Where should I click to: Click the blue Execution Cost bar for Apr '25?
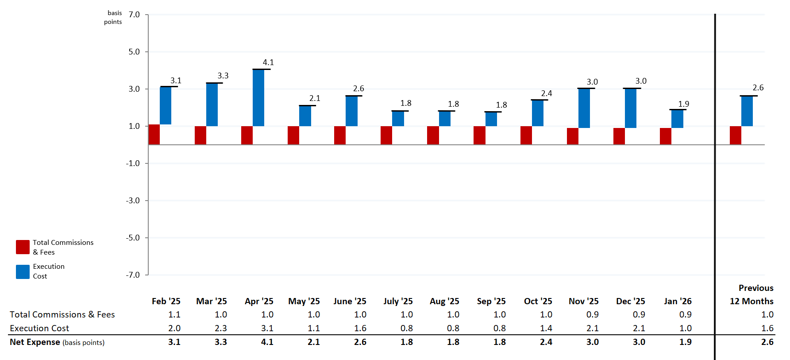[258, 97]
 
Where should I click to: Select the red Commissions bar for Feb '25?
[154, 135]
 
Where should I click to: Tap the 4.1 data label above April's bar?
[268, 62]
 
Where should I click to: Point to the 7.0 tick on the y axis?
[134, 15]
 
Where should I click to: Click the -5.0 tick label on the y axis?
[133, 238]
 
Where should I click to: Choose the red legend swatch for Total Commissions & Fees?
[23, 247]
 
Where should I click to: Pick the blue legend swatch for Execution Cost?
[23, 271]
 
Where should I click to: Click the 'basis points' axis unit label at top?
[113, 17]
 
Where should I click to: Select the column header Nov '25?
[583, 301]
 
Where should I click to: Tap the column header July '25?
[398, 301]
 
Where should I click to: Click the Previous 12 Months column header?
[752, 294]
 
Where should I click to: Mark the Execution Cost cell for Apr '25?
[267, 328]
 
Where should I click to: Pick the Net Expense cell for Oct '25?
[546, 342]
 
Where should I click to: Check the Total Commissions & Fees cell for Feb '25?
[174, 314]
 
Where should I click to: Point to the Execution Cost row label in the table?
[39, 328]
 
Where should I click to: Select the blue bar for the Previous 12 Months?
[747, 111]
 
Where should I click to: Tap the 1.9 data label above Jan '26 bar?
[684, 104]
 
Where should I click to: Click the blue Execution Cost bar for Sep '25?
[491, 119]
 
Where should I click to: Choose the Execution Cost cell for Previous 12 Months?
[767, 328]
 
